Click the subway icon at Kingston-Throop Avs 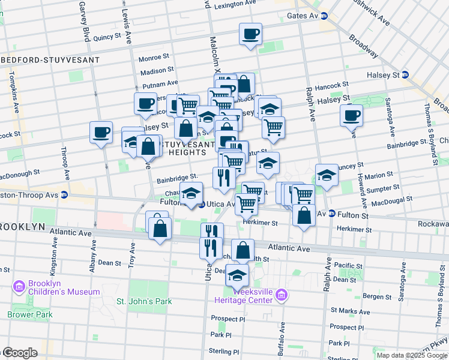pos(64,195)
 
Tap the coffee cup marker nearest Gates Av pos(250,34)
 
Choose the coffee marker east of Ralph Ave pos(351,115)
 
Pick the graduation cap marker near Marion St pos(327,175)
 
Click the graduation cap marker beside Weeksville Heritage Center pos(237,275)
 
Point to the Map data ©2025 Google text pos(411,355)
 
